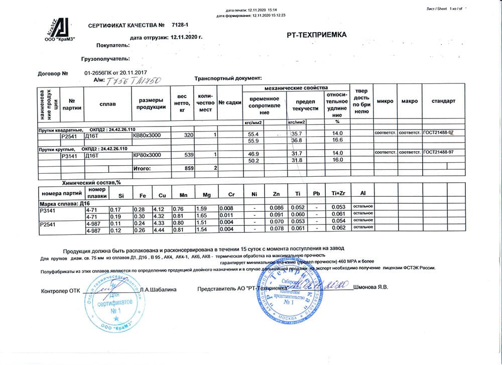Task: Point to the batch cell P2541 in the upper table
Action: [68, 135]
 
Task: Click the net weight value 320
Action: [188, 135]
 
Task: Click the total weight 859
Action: [189, 168]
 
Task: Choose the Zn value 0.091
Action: [275, 215]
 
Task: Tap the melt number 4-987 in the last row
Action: [94, 230]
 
